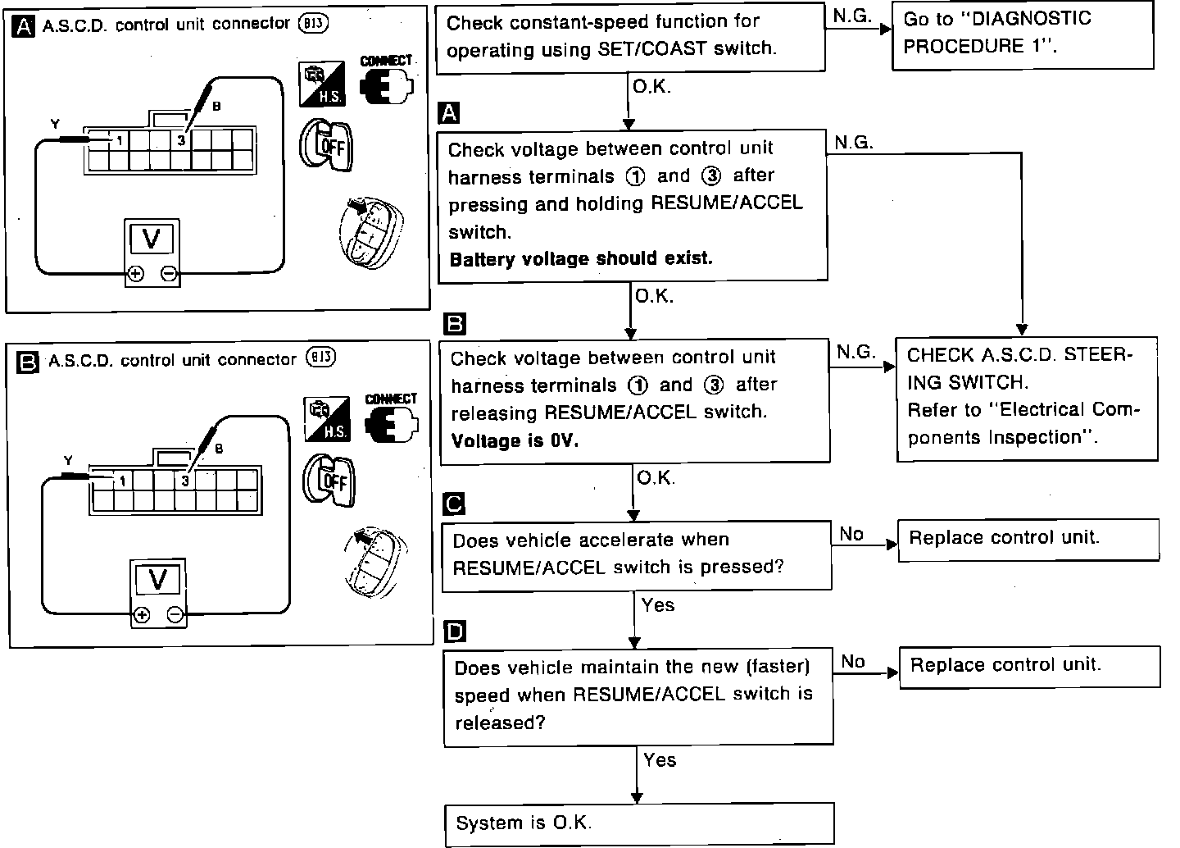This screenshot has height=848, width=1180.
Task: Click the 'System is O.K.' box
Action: point(638,823)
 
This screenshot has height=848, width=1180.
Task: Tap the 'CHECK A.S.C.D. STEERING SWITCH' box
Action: point(1026,397)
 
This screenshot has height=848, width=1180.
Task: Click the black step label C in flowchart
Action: point(453,504)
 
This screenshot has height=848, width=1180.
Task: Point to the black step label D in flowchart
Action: point(454,631)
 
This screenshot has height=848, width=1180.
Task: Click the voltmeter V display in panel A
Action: point(152,239)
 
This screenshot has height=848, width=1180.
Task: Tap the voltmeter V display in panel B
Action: point(157,581)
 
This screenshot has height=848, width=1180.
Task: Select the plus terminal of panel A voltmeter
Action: point(136,274)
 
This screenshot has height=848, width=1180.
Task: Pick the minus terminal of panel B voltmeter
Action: point(175,614)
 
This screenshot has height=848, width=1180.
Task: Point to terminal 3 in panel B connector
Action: point(185,481)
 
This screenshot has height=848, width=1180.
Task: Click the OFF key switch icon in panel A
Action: point(325,145)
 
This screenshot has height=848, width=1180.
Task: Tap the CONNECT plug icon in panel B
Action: point(391,419)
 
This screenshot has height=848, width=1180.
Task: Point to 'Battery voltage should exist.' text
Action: point(581,258)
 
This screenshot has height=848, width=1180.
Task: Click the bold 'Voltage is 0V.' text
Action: point(515,440)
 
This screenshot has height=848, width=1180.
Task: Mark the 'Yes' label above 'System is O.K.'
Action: point(660,760)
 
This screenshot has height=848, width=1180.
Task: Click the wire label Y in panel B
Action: point(68,461)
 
